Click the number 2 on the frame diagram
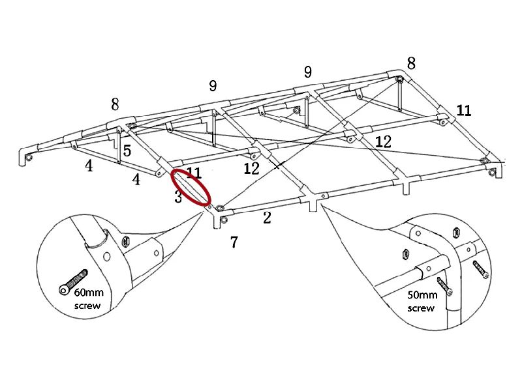[267, 218]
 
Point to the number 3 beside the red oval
[178, 197]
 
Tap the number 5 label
[127, 151]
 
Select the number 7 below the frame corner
[234, 242]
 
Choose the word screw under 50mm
[421, 308]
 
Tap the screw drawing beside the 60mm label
[72, 279]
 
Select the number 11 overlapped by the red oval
[194, 173]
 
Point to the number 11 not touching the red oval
[463, 110]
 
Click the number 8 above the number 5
[115, 104]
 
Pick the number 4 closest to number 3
[136, 179]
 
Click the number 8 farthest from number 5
[410, 63]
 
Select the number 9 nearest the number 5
[213, 86]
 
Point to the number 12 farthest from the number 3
[383, 141]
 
